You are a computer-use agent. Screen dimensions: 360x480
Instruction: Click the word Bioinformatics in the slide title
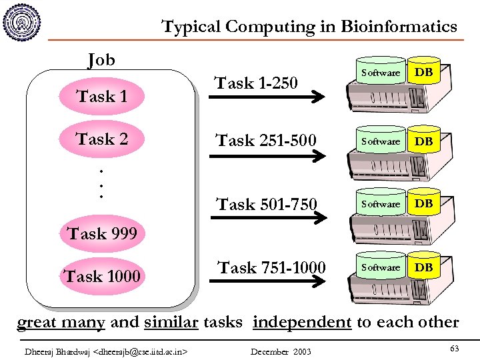[399, 27]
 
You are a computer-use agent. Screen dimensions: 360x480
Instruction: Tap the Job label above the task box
[101, 61]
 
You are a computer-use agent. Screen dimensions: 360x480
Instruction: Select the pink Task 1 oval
[101, 97]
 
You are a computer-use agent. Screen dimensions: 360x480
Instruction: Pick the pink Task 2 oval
[101, 139]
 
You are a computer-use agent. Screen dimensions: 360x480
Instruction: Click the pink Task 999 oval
[101, 233]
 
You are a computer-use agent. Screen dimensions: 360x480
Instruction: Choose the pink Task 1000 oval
[101, 276]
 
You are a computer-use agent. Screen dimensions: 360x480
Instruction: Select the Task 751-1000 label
[272, 267]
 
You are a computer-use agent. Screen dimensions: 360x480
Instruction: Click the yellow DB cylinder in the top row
[424, 72]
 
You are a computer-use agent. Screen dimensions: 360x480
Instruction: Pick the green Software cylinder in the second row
[381, 141]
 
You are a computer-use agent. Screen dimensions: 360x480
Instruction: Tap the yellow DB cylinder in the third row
[424, 203]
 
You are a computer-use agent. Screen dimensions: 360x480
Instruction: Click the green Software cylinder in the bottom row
[381, 267]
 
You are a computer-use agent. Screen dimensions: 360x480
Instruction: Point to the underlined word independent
[302, 322]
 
